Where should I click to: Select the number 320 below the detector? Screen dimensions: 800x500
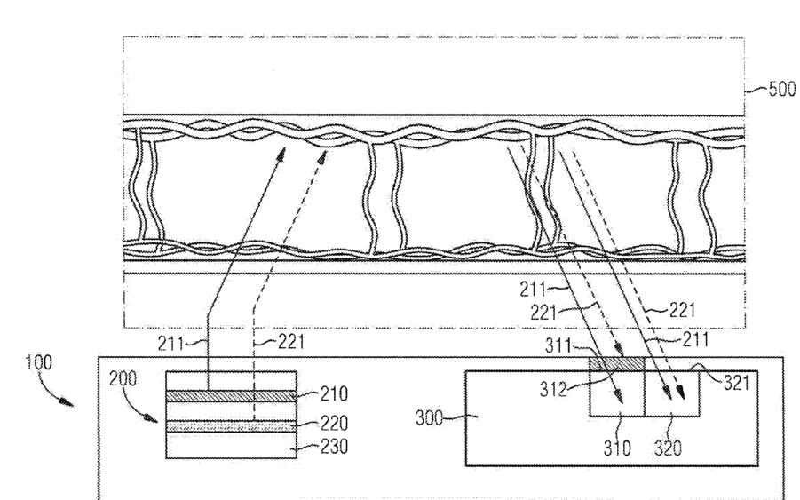(670, 449)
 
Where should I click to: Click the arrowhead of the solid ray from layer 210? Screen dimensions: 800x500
(285, 154)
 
